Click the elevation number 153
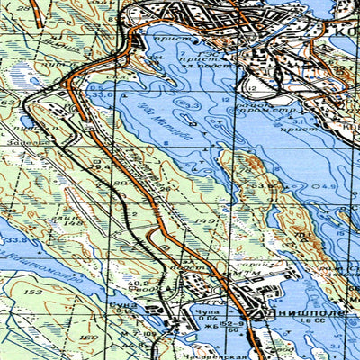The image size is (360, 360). point(34,292)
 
